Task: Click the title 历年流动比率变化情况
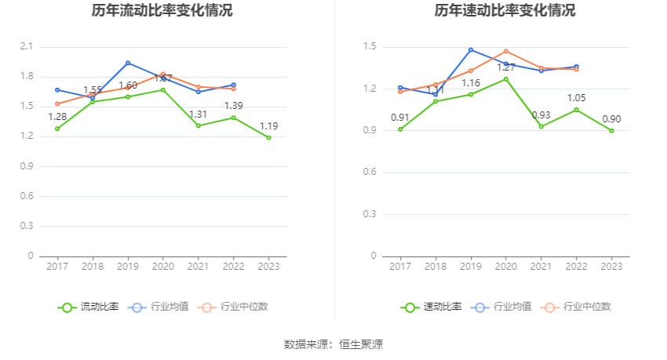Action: pos(162,11)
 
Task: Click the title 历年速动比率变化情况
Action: pos(505,11)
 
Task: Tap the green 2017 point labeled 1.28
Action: pos(57,129)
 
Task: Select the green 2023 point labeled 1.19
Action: pos(268,137)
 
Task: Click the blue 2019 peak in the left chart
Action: pos(128,63)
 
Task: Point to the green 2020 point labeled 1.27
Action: pos(506,79)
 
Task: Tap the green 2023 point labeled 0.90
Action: pos(611,130)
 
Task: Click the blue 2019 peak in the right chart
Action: pos(471,49)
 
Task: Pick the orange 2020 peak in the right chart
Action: pos(506,51)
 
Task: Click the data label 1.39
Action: pos(234,106)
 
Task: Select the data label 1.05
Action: pos(577,98)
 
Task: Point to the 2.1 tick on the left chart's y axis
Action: pos(27,47)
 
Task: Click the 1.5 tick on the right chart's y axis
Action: pos(370,47)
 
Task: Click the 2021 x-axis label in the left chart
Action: pos(198,267)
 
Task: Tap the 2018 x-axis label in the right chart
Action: pos(436,267)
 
